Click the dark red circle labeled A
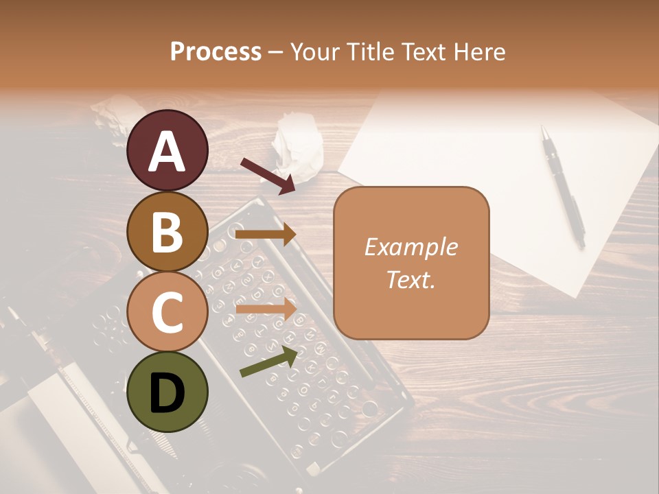(167, 150)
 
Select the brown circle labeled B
(167, 231)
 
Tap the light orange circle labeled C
(167, 311)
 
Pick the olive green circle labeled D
(167, 392)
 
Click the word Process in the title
(216, 51)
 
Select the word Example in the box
(411, 247)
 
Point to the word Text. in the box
(411, 279)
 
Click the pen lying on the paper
(563, 185)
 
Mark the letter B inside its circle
(167, 231)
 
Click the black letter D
(167, 392)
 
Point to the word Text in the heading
(426, 51)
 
